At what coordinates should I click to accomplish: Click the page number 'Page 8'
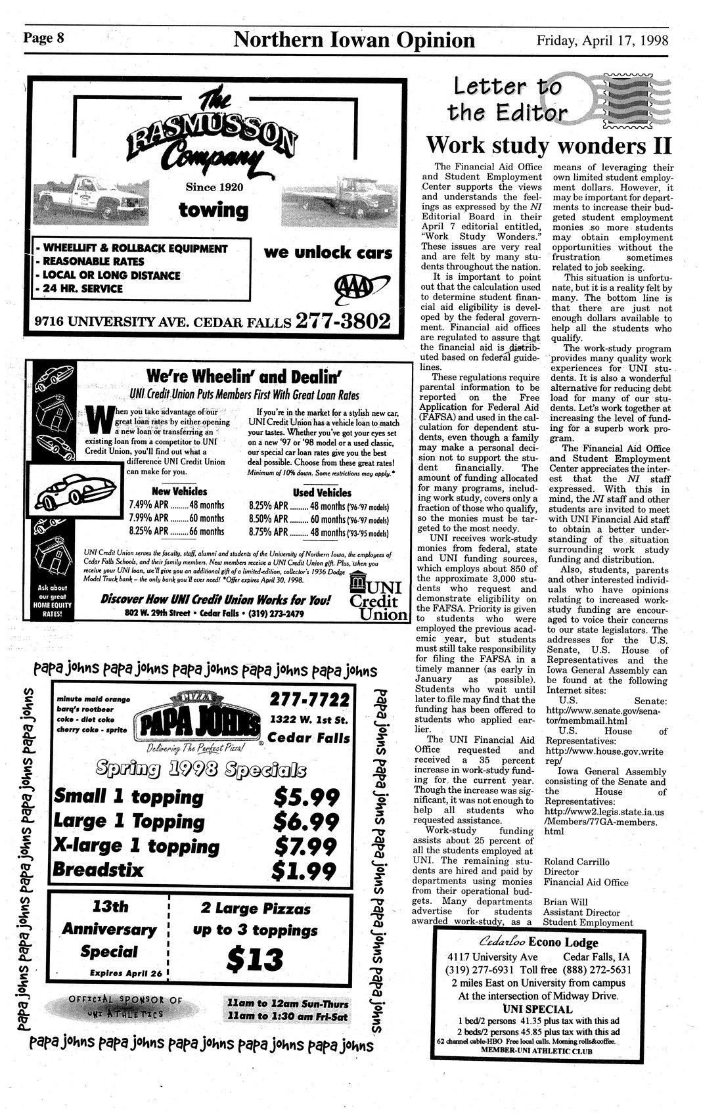pos(43,38)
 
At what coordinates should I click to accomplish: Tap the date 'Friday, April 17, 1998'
pos(602,41)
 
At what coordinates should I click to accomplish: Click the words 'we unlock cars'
pos(327,253)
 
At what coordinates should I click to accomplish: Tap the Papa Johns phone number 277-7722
pos(309,698)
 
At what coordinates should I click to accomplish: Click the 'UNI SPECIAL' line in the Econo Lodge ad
pos(537,1009)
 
